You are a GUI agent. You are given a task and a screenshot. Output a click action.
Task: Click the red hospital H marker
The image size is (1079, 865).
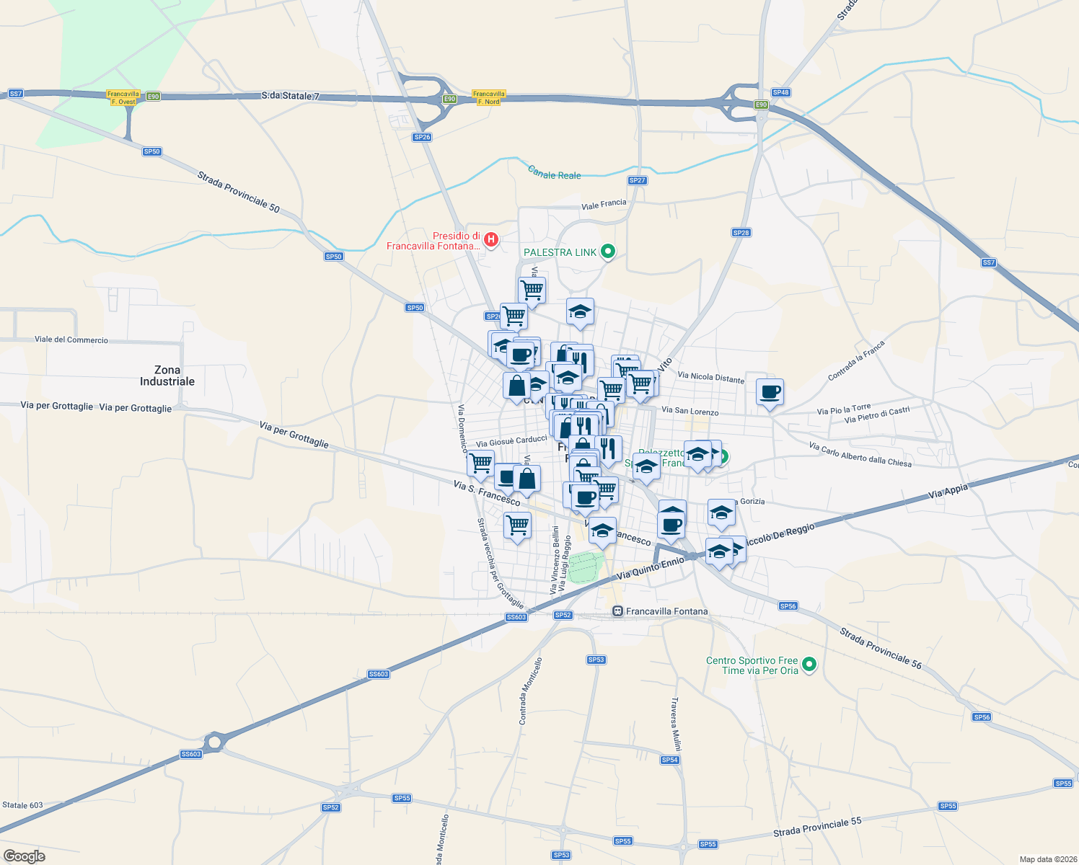pos(491,239)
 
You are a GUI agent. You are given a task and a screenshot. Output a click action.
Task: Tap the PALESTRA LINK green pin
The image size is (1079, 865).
pos(608,252)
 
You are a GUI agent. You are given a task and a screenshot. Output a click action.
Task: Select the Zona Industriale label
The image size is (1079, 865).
pos(167,376)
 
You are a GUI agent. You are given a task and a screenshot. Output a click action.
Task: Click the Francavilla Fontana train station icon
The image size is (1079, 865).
pos(617,611)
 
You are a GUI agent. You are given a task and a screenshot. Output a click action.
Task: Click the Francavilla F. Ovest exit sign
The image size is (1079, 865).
pos(123,98)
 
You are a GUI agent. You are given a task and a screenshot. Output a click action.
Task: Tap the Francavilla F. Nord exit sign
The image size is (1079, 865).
pos(488,98)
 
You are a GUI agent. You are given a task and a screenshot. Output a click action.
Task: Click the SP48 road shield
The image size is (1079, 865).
pos(781,92)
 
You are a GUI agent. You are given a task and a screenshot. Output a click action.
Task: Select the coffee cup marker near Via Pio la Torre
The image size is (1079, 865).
pos(770,392)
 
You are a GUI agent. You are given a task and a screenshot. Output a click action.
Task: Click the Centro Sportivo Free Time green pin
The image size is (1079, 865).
pos(809,664)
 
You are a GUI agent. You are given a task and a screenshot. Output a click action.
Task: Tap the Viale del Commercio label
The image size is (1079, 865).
pos(71,340)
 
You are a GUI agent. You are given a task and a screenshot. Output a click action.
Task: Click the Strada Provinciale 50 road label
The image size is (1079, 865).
pos(238,191)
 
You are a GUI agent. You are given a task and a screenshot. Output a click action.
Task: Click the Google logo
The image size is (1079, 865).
pos(25,856)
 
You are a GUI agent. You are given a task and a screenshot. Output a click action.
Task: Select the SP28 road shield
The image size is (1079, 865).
pos(741,233)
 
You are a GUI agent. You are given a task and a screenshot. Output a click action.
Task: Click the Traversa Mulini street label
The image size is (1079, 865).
pos(676,724)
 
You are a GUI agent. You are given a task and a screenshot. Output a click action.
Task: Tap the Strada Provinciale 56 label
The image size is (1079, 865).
pos(881,648)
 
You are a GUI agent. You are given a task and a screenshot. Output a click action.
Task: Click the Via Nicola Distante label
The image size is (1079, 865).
pos(710,377)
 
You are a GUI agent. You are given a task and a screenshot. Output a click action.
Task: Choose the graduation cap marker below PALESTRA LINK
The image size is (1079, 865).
pos(580,312)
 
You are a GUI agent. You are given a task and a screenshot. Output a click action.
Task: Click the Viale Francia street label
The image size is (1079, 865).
pos(604,204)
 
